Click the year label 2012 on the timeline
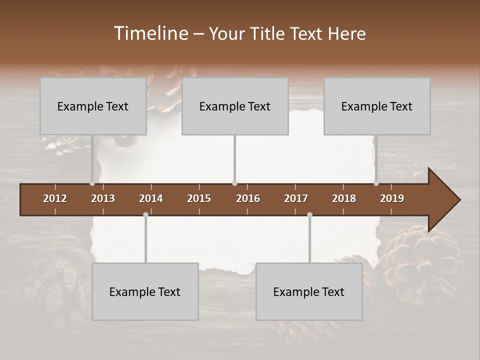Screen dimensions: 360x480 pyautogui.click(x=55, y=198)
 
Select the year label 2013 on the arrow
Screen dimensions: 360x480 pyautogui.click(x=103, y=198)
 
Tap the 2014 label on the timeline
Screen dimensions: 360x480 pyautogui.click(x=151, y=198)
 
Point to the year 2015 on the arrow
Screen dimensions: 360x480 pyautogui.click(x=199, y=198)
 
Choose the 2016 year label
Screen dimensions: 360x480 pyautogui.click(x=248, y=198)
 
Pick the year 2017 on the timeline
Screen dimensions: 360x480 pyautogui.click(x=296, y=198)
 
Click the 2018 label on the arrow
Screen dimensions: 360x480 pyautogui.click(x=344, y=198)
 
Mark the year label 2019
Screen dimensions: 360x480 pyautogui.click(x=392, y=198)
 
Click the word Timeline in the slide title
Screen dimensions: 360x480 pyautogui.click(x=150, y=33)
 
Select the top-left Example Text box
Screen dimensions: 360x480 pyautogui.click(x=93, y=106)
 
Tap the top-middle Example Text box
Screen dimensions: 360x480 pyautogui.click(x=235, y=106)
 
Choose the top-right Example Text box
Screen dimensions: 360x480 pyautogui.click(x=377, y=106)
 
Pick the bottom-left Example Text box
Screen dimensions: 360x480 pyautogui.click(x=145, y=291)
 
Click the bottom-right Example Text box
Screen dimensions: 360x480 pyautogui.click(x=309, y=291)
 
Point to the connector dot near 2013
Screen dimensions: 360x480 pyautogui.click(x=92, y=183)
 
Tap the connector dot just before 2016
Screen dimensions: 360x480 pyautogui.click(x=234, y=183)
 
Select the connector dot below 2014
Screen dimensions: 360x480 pyautogui.click(x=145, y=214)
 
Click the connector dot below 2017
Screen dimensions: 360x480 pyautogui.click(x=309, y=214)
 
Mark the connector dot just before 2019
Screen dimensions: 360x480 pyautogui.click(x=376, y=183)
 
